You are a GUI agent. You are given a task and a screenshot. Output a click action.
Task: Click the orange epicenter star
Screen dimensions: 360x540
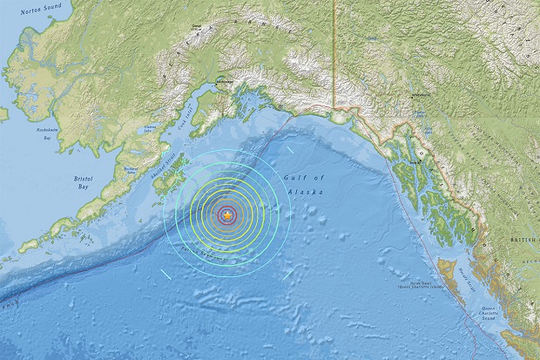click(x=227, y=214)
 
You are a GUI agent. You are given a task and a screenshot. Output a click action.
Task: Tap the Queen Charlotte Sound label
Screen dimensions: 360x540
click(x=499, y=314)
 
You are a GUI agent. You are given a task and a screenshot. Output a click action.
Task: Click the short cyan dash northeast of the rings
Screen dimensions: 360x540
click(x=290, y=149)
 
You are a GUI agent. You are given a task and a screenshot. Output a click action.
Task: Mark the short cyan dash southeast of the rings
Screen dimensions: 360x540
click(x=287, y=272)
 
